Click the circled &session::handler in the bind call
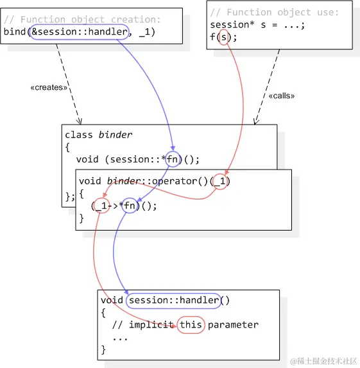(x=78, y=31)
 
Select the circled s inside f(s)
(x=223, y=37)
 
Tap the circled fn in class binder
(x=173, y=160)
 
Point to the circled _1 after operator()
(x=220, y=181)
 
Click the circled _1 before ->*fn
(x=101, y=206)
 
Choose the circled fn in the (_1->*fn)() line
(x=130, y=206)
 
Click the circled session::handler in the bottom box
(x=173, y=300)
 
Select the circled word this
(x=191, y=324)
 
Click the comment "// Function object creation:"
(x=82, y=20)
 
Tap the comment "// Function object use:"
(x=274, y=13)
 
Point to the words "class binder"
(x=98, y=135)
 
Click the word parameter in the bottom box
(x=232, y=324)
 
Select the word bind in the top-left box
(x=15, y=31)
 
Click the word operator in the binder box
(x=165, y=181)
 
